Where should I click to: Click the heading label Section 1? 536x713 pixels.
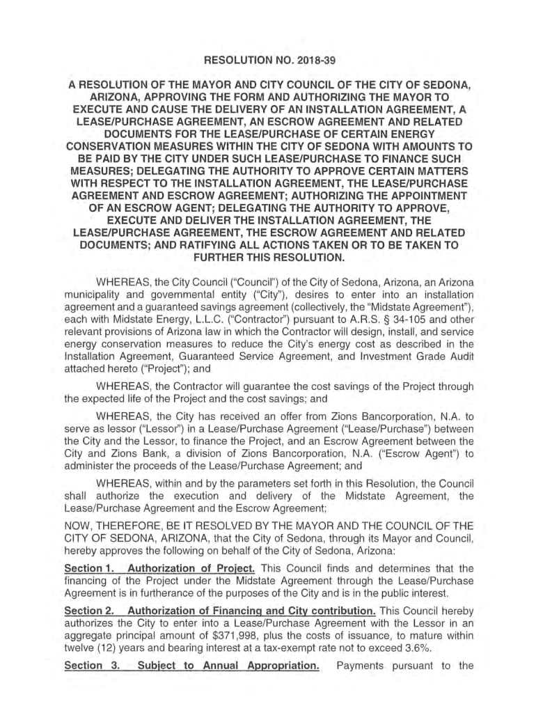click(88, 568)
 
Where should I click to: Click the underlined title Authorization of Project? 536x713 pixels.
click(192, 568)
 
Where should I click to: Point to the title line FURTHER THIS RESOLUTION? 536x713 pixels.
click(268, 258)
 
